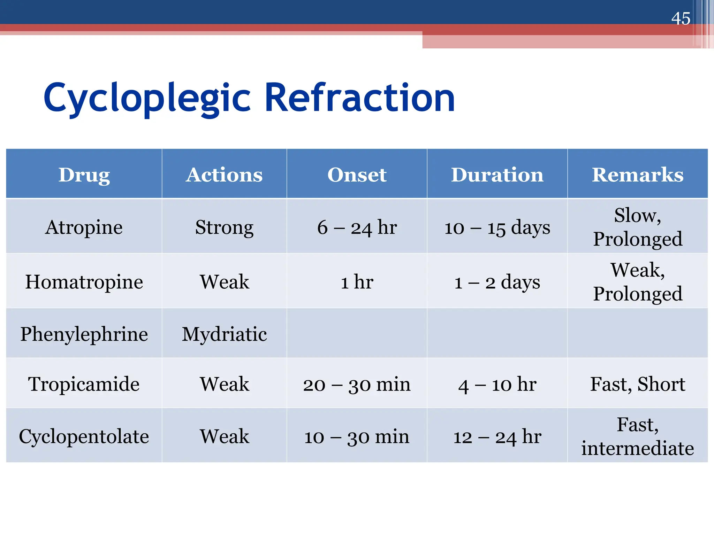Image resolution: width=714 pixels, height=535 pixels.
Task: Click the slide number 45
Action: (x=681, y=18)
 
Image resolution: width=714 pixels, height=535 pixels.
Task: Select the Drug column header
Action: (x=84, y=175)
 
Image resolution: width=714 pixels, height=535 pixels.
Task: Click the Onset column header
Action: (x=357, y=175)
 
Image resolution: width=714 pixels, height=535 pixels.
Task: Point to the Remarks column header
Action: (x=637, y=175)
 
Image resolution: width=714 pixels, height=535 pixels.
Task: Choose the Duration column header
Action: (x=497, y=175)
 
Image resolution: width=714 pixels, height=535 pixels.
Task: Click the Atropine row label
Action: (x=84, y=227)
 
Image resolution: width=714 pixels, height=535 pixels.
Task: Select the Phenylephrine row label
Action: (x=84, y=334)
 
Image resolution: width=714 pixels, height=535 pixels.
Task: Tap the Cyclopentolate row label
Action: (x=84, y=436)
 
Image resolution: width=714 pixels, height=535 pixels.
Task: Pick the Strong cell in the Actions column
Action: (x=224, y=227)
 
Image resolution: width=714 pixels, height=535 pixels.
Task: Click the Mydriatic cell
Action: (x=224, y=334)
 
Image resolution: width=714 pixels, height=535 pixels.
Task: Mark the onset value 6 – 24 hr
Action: (x=357, y=227)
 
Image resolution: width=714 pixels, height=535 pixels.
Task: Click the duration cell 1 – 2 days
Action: (x=497, y=282)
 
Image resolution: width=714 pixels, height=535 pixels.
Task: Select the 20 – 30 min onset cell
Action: (x=357, y=384)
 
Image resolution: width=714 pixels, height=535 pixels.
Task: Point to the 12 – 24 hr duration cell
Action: (x=497, y=436)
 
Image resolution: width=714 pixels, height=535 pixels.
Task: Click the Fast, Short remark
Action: (x=637, y=384)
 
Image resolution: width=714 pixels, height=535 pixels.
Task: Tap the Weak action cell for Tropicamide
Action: (x=224, y=384)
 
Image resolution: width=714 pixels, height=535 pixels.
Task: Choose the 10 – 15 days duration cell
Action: (x=497, y=227)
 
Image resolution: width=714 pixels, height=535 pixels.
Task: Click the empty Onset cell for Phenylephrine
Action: (x=357, y=333)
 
